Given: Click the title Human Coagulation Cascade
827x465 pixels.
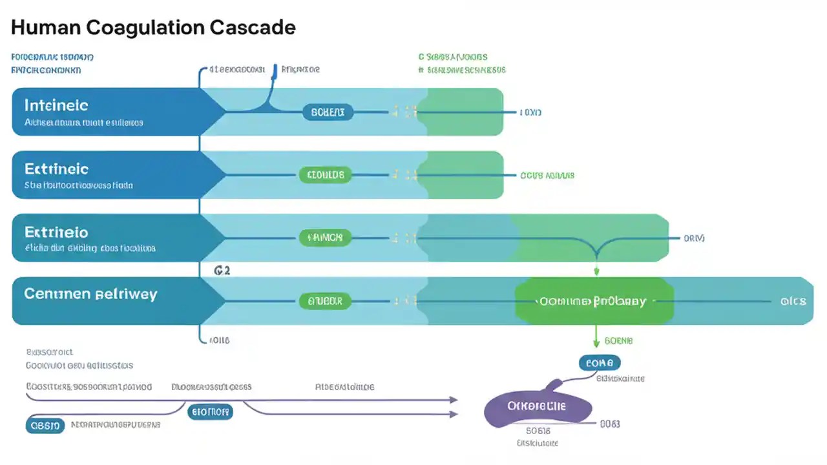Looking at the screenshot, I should click(x=153, y=28).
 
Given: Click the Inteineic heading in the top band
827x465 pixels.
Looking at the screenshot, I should click(x=56, y=105).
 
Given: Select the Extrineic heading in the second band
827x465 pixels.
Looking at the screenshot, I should click(x=56, y=169).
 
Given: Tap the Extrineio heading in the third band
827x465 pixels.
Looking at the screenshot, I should click(x=56, y=232).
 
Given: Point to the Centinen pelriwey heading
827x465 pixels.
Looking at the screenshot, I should click(x=90, y=294).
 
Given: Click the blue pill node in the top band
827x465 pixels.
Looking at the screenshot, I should click(x=328, y=112).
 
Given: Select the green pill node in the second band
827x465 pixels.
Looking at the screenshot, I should click(x=326, y=175).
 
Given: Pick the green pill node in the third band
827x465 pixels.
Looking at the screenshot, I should click(x=325, y=238).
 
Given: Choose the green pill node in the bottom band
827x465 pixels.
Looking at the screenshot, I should click(x=325, y=301).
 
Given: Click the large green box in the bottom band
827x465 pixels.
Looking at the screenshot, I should click(x=594, y=301).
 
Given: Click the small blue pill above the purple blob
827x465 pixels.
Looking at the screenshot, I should click(x=600, y=363).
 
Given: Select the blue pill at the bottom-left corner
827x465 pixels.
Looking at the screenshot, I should click(x=45, y=426).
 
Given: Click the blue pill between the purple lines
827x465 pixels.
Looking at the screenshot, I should click(x=210, y=411).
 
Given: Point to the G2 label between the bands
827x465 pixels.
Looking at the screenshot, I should click(x=222, y=271).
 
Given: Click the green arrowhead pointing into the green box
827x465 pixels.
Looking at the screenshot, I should click(x=596, y=272).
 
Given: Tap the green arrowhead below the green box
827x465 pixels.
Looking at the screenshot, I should click(x=596, y=343).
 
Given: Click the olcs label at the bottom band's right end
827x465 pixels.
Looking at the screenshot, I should click(x=792, y=301).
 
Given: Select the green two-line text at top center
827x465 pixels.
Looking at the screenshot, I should click(x=461, y=63).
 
